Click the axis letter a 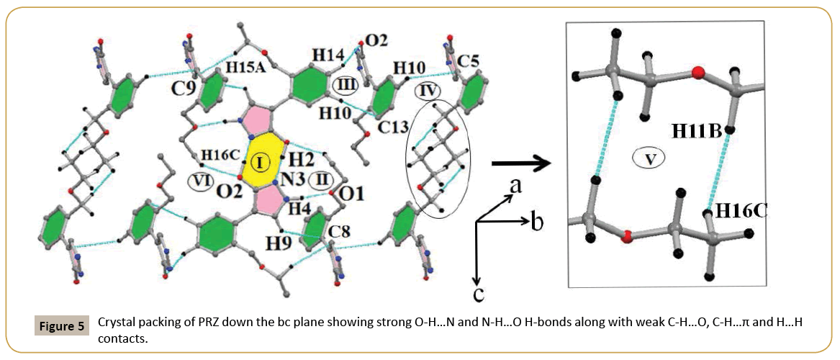tap(515, 186)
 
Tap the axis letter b tap(536, 221)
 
